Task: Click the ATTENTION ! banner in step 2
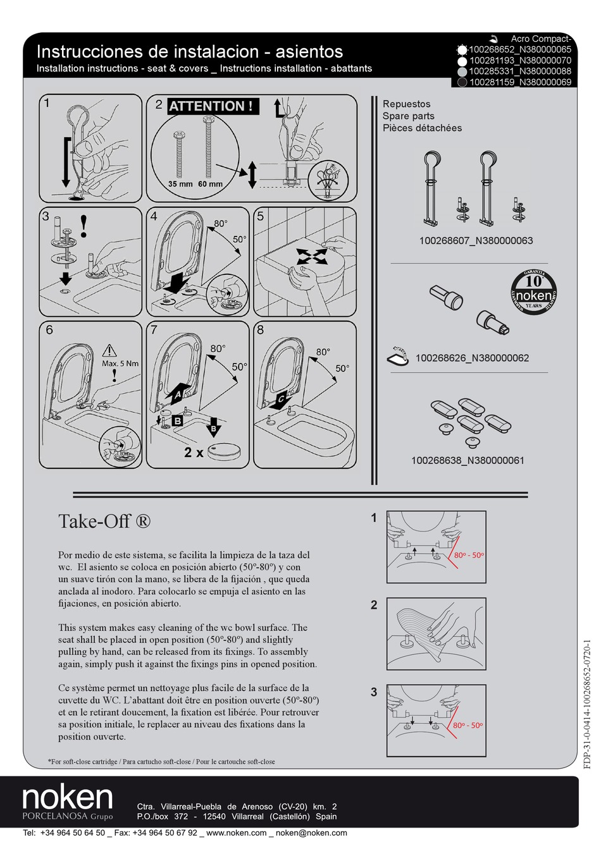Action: (213, 106)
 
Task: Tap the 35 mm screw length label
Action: (180, 185)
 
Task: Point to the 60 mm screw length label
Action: (211, 185)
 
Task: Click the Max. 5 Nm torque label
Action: (120, 363)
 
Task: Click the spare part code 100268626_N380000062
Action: (472, 358)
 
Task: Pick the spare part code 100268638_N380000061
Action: (468, 461)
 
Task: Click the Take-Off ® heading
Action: (104, 522)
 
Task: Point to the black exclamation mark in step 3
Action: (84, 226)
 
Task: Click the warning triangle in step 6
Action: (109, 350)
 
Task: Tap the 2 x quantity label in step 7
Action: (194, 453)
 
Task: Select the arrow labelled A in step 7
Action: (179, 393)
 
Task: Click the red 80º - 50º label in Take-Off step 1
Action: (469, 556)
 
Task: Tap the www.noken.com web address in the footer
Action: (237, 833)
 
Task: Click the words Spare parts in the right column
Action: (408, 116)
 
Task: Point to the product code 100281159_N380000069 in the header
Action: (520, 82)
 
